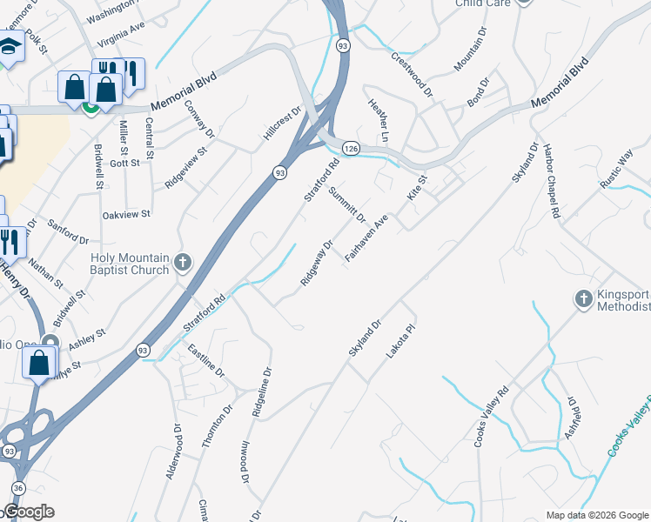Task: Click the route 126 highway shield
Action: tap(349, 150)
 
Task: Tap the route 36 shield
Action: tap(17, 488)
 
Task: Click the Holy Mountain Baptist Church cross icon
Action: tap(182, 263)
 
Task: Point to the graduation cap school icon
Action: tap(10, 47)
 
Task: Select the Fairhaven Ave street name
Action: tap(366, 241)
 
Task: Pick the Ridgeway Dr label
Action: tap(317, 263)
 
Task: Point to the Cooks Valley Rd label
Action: tap(491, 418)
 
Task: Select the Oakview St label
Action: tap(126, 213)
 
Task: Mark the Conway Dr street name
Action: tap(199, 117)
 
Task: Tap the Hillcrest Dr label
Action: tap(281, 125)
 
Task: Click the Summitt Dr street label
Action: tap(346, 204)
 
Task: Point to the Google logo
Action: tap(28, 511)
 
